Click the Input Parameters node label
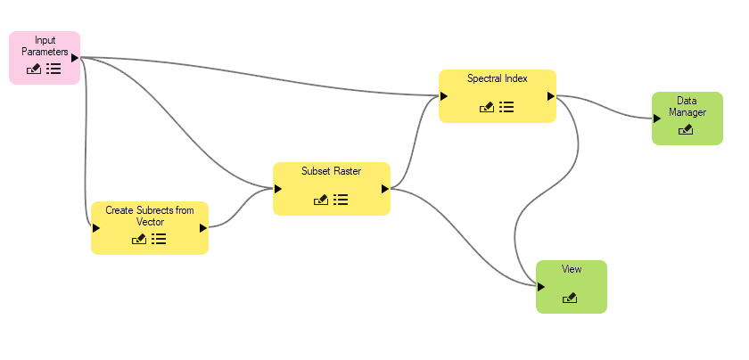tap(45, 46)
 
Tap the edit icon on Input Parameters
tap(34, 69)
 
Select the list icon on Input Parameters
tap(54, 69)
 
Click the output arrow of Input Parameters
tap(75, 58)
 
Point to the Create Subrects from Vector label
tap(150, 216)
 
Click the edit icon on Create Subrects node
tap(139, 239)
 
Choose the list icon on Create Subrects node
tap(159, 239)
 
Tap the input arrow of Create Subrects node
tap(95, 228)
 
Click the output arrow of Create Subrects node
tap(203, 228)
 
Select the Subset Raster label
tap(332, 171)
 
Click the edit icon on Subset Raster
tap(321, 200)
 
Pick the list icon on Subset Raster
tap(341, 200)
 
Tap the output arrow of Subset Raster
tap(385, 189)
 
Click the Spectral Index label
tap(498, 78)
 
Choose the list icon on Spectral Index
tap(506, 107)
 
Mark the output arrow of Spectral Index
tap(551, 96)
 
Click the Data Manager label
tap(687, 107)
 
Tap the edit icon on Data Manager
tap(686, 130)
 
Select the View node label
tap(572, 269)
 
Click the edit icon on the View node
tap(571, 299)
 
